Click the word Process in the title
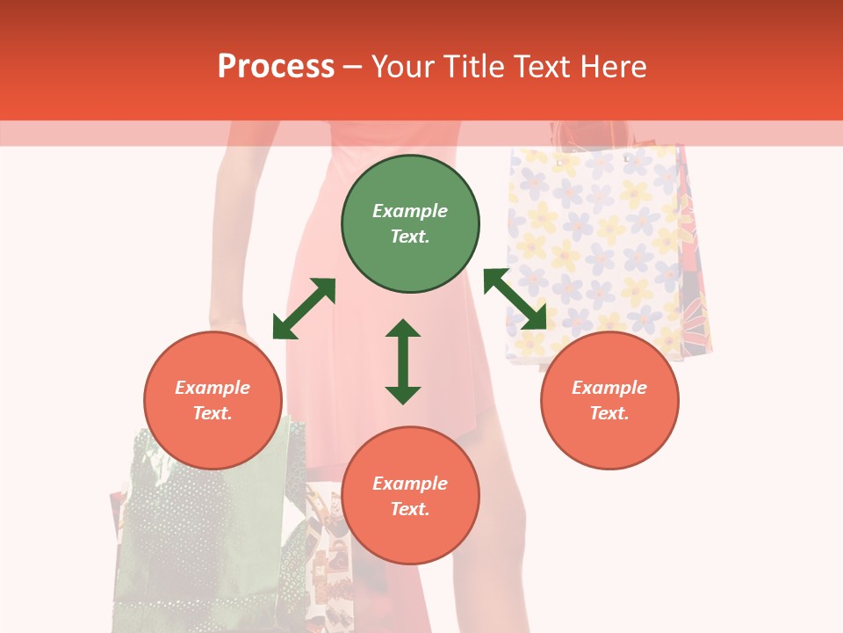coord(276,67)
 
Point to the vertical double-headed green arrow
coord(403,361)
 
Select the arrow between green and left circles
coord(304,309)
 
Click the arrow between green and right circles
coord(515,299)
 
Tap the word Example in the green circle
coord(410,211)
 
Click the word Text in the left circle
coord(213,413)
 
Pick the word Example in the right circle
coord(609,388)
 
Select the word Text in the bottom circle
coord(410,509)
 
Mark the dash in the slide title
coord(353,67)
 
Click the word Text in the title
coord(541,67)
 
